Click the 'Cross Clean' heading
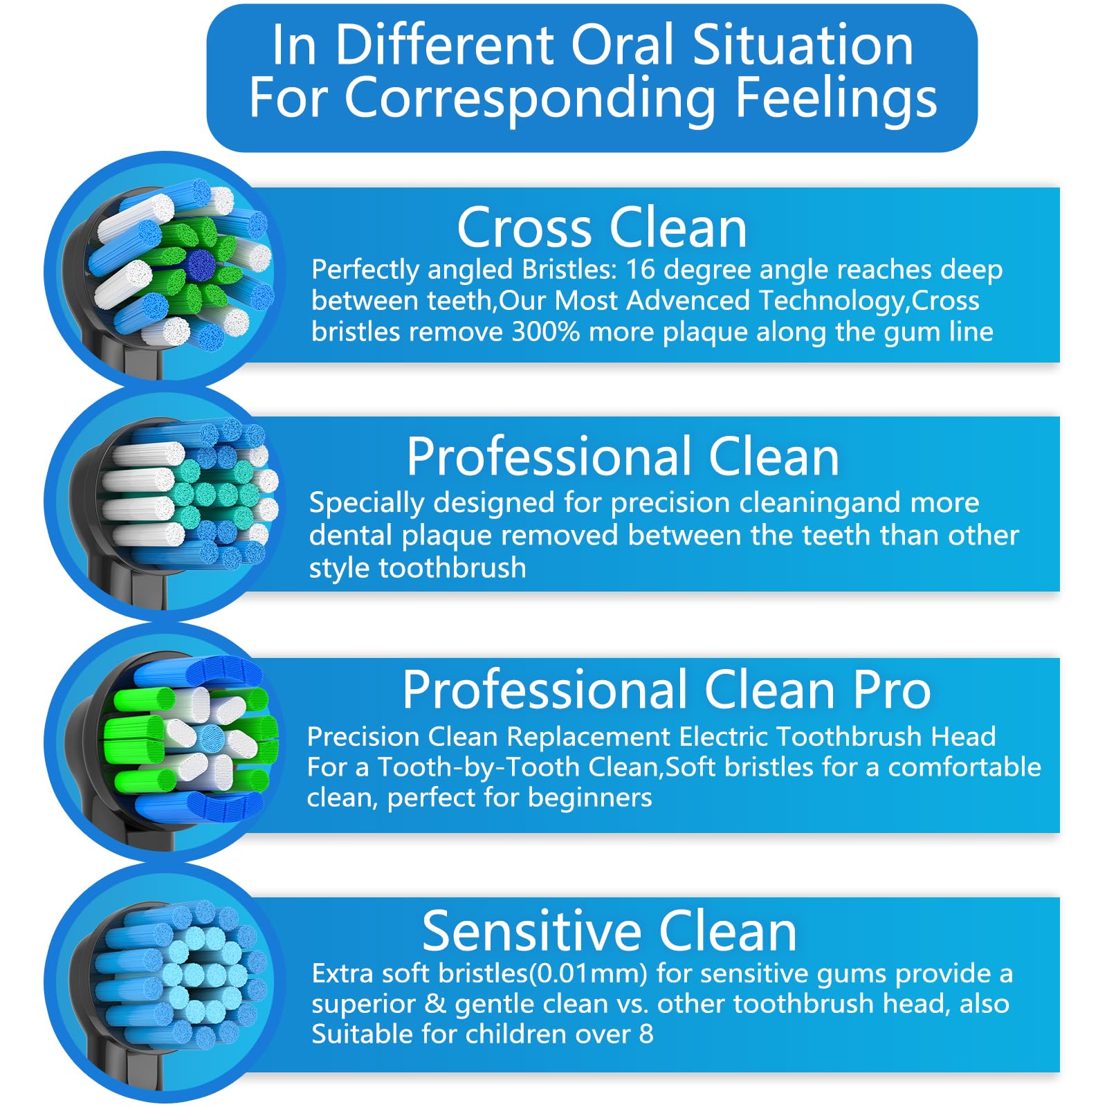pos(602,228)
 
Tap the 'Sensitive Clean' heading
pos(609,932)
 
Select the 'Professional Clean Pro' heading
pos(666,690)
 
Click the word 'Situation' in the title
pos(803,46)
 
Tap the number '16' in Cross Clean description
pos(640,270)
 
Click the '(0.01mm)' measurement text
pos(589,974)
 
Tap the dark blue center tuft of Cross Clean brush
pos(201,263)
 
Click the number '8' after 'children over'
pos(646,1034)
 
